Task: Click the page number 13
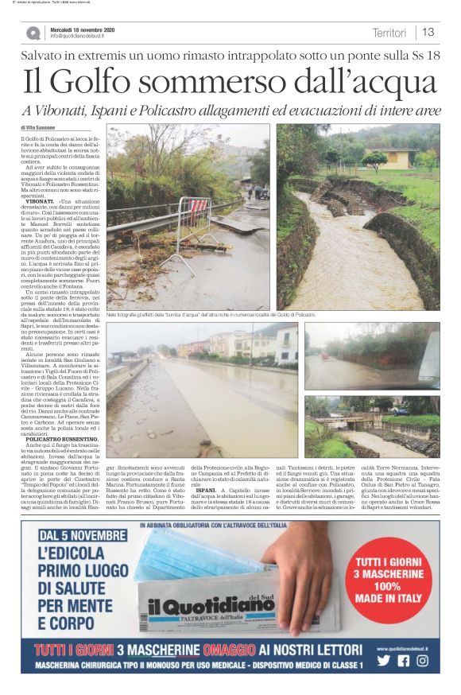(428, 33)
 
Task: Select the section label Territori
(389, 33)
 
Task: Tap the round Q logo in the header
(33, 33)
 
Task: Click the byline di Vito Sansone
(39, 127)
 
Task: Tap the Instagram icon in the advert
(422, 660)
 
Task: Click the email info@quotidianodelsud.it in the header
(82, 36)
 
